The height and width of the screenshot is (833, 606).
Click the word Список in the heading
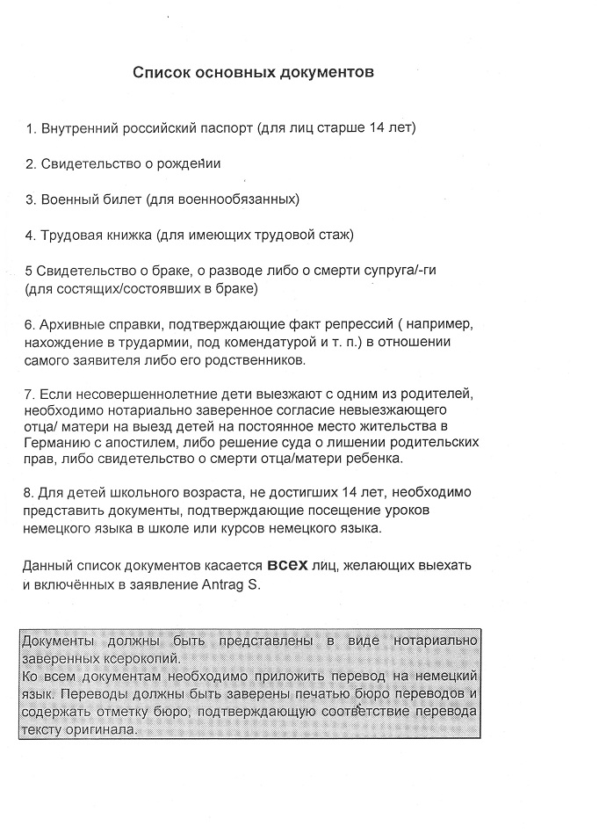[x=159, y=72]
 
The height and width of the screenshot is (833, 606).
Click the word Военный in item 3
[x=67, y=199]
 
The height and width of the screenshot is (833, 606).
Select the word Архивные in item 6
[x=71, y=324]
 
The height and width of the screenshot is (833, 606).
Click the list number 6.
[x=30, y=324]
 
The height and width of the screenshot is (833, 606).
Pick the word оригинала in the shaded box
[x=99, y=729]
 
